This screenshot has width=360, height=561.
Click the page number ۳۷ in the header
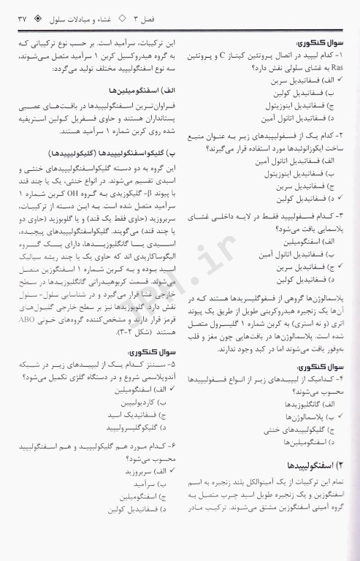(15, 18)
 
